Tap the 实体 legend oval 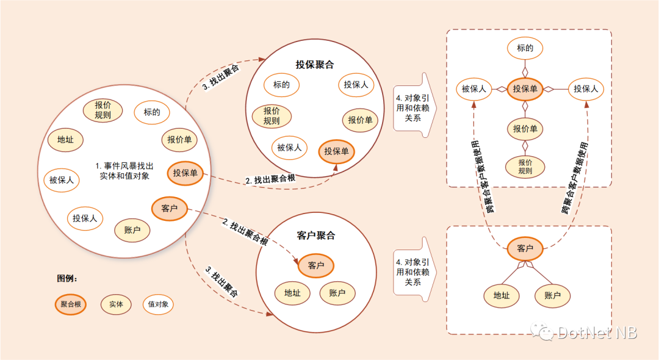pyautogui.click(x=116, y=304)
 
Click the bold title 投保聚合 pyautogui.click(x=315, y=65)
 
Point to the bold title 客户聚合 pyautogui.click(x=316, y=236)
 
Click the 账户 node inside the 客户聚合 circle pyautogui.click(x=337, y=293)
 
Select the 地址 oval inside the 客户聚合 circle pyautogui.click(x=292, y=293)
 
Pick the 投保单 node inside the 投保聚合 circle pyautogui.click(x=336, y=151)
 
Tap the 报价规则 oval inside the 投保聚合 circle pyautogui.click(x=272, y=116)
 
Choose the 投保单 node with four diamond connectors pyautogui.click(x=525, y=89)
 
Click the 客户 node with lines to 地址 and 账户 pyautogui.click(x=525, y=249)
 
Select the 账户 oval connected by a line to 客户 pyautogui.click(x=552, y=296)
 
